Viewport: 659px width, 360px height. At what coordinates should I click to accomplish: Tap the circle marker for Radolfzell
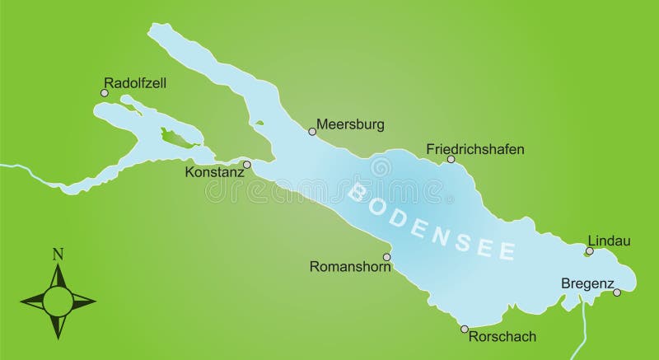[x=105, y=93]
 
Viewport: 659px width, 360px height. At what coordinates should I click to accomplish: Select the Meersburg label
[x=350, y=125]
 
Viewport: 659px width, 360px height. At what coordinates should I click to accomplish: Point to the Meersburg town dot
[x=312, y=131]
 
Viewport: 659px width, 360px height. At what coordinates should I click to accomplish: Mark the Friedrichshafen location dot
[x=450, y=160]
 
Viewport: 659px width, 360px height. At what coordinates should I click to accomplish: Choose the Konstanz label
[x=215, y=173]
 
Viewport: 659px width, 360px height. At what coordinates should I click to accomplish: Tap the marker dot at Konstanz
[x=247, y=164]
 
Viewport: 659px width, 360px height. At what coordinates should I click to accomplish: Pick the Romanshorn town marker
[x=387, y=257]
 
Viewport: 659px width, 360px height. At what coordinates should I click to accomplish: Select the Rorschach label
[x=502, y=336]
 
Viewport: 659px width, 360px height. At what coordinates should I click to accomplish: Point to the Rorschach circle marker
[x=464, y=328]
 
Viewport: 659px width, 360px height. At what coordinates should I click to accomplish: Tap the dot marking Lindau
[x=589, y=251]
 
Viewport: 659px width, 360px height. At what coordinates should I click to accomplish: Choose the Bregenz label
[x=587, y=283]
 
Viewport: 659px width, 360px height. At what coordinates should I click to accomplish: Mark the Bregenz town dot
[x=617, y=292]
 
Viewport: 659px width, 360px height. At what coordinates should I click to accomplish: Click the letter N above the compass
[x=57, y=254]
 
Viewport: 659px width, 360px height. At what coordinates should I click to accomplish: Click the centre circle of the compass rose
[x=57, y=298]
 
